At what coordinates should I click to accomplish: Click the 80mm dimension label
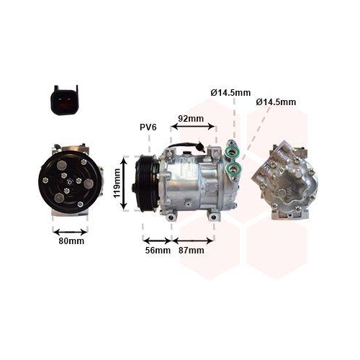click(71, 241)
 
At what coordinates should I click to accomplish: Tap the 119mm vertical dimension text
click(117, 184)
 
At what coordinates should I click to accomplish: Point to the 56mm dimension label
click(158, 251)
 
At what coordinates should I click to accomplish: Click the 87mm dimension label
click(191, 251)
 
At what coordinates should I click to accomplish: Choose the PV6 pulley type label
click(148, 127)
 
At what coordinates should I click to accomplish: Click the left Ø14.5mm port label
click(230, 92)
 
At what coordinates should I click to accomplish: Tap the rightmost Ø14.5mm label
click(276, 102)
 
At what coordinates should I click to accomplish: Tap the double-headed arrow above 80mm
click(71, 230)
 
